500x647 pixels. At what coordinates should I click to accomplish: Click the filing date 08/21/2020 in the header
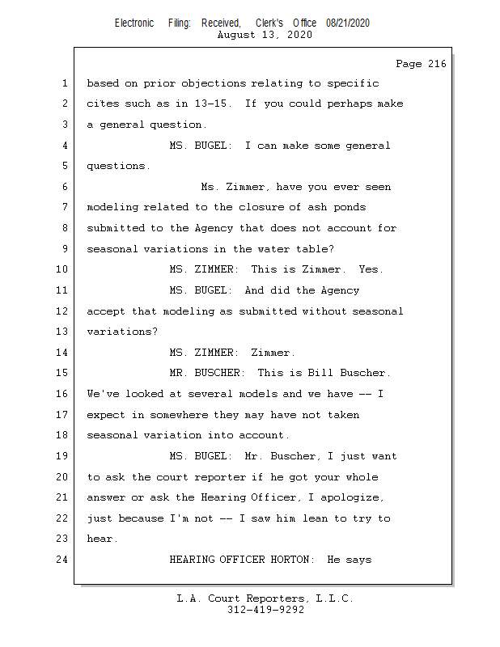point(348,23)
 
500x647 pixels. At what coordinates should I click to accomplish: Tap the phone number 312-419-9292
point(265,610)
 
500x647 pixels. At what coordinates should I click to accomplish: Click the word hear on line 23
point(100,539)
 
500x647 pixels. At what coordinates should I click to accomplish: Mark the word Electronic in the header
point(134,23)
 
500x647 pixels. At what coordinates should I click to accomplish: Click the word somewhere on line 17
point(167,415)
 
